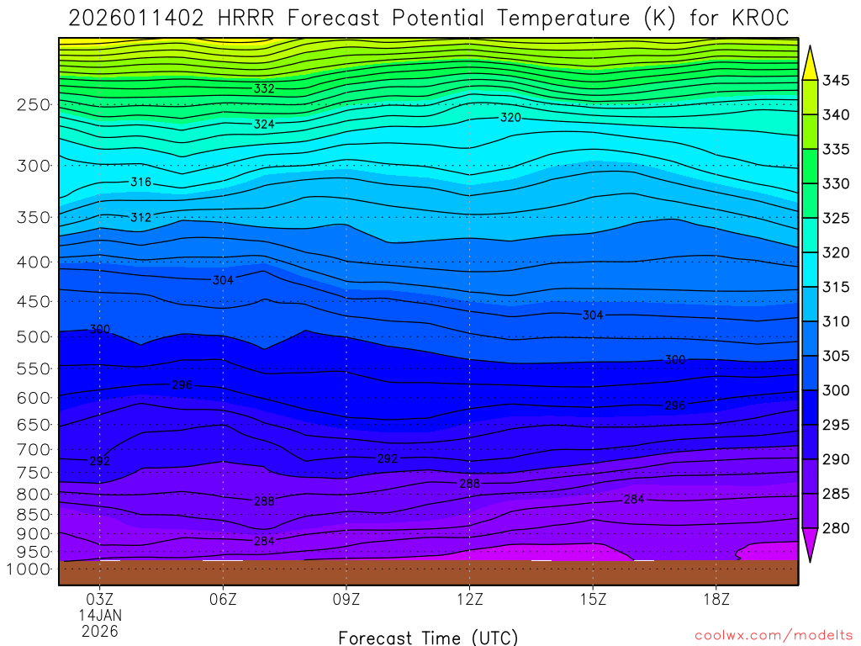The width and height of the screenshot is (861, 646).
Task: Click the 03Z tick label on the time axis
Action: (x=100, y=599)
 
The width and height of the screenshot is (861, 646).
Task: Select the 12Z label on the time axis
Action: (x=469, y=599)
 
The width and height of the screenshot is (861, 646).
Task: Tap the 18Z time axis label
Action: (x=716, y=599)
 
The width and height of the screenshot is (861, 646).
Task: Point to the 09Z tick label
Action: (x=346, y=599)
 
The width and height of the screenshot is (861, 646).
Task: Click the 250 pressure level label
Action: (x=34, y=105)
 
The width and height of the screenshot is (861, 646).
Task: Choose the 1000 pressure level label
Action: (x=30, y=569)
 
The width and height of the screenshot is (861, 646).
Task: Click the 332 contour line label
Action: (x=264, y=88)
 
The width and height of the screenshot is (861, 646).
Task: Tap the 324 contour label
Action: (x=264, y=124)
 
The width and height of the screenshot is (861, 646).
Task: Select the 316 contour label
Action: (x=141, y=183)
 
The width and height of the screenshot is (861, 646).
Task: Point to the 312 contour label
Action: (x=141, y=218)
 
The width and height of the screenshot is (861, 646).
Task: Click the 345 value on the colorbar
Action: (x=837, y=81)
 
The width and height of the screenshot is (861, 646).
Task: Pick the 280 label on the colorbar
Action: (x=837, y=528)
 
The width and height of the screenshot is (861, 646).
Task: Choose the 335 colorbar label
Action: (x=837, y=150)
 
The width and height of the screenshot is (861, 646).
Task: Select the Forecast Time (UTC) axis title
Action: (x=428, y=637)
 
